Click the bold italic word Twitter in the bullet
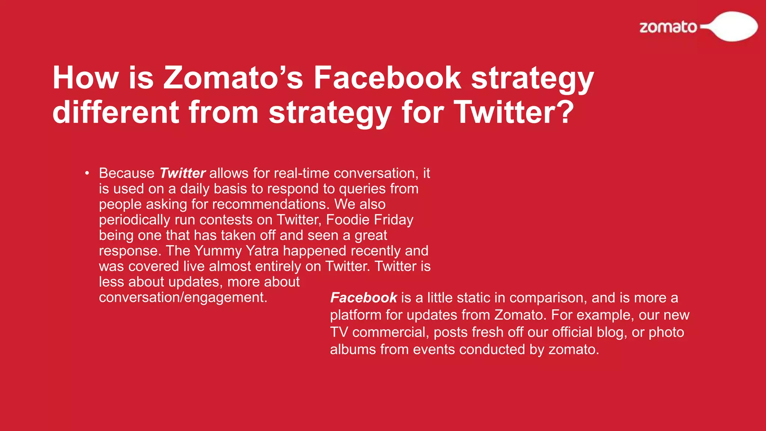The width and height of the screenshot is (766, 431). click(x=182, y=173)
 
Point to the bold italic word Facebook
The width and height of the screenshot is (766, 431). click(x=363, y=298)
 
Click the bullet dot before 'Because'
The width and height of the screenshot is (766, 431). click(x=87, y=173)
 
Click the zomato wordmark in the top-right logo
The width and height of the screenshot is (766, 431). click(x=668, y=27)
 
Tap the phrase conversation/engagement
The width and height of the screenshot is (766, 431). click(x=183, y=297)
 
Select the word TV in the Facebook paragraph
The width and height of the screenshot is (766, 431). click(x=339, y=332)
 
